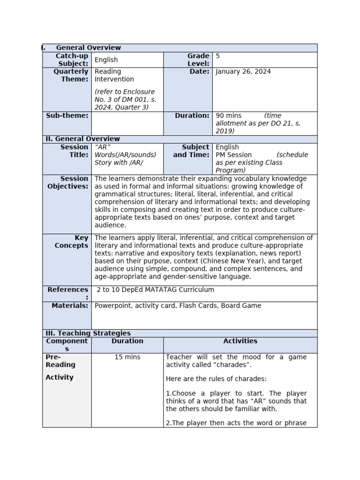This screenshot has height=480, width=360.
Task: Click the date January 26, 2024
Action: pyautogui.click(x=243, y=72)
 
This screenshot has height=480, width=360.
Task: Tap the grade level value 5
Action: pyautogui.click(x=217, y=56)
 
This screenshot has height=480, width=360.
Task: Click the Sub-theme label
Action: pyautogui.click(x=67, y=115)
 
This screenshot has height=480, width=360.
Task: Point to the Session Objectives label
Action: pyautogui.click(x=68, y=182)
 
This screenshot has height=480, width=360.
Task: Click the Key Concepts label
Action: pyautogui.click(x=71, y=242)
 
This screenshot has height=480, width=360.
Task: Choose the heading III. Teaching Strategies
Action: pyautogui.click(x=88, y=333)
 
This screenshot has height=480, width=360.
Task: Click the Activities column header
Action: pyautogui.click(x=240, y=341)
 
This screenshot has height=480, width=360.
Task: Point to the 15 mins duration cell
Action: pyautogui.click(x=127, y=357)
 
